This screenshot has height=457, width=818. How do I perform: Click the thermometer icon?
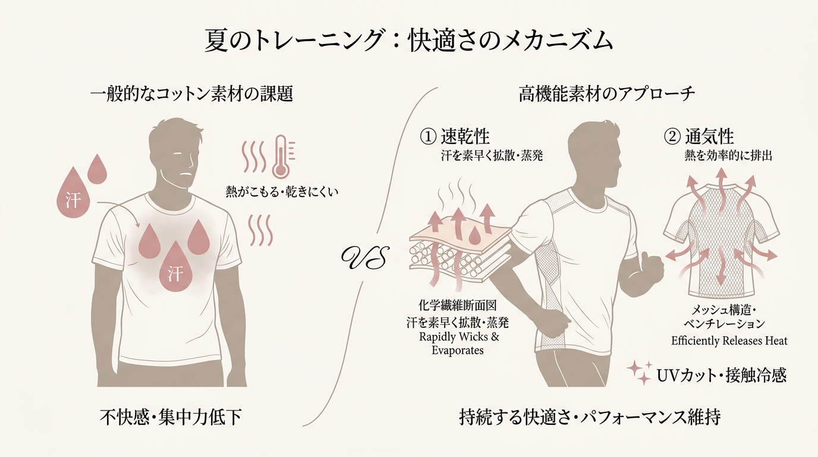tap(282, 157)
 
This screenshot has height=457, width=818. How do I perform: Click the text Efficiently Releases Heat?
tap(729, 341)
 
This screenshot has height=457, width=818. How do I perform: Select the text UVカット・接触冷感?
tap(721, 375)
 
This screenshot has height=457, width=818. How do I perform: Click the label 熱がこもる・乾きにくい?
tap(282, 192)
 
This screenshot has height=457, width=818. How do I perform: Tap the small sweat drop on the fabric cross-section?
tap(474, 236)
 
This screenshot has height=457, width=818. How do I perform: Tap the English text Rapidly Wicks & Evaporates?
tap(458, 343)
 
